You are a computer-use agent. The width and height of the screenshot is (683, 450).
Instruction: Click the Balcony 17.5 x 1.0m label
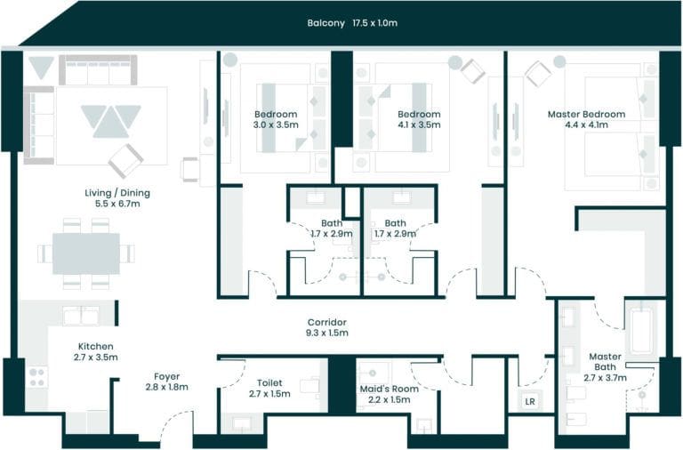(x=352, y=22)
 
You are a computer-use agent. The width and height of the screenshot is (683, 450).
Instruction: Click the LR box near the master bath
(x=530, y=401)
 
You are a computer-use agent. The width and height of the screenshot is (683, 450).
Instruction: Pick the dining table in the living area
(x=86, y=253)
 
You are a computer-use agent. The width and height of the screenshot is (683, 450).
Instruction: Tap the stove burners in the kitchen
(x=37, y=377)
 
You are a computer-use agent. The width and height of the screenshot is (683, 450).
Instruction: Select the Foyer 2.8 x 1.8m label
(x=166, y=382)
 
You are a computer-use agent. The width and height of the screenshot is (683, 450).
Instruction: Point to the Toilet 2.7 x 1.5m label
(x=269, y=388)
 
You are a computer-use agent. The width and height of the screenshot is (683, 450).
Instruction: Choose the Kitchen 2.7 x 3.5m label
(x=95, y=351)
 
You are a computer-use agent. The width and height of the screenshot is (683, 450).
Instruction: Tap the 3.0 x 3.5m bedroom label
(x=275, y=119)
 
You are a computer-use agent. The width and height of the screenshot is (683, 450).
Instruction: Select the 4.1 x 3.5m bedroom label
(x=418, y=119)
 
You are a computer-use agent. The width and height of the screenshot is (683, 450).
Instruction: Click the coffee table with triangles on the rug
(x=111, y=119)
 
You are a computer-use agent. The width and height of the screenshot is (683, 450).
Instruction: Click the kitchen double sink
(x=81, y=315)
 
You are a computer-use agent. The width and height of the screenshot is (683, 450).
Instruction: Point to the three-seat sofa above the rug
(x=98, y=70)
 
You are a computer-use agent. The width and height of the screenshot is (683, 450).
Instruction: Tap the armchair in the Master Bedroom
(x=538, y=73)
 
